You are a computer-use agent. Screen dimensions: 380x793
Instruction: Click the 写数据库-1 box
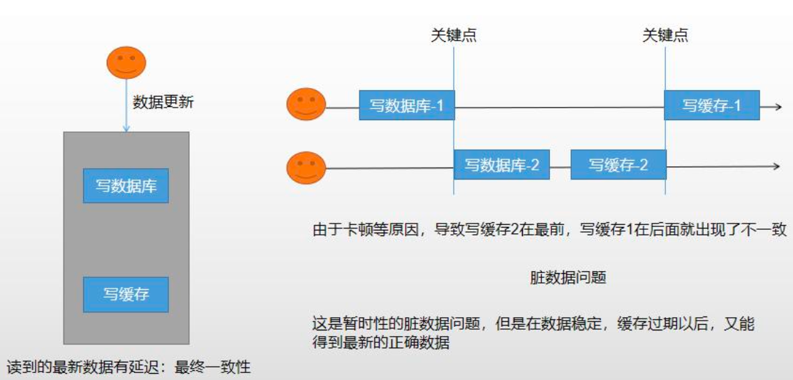tap(406, 105)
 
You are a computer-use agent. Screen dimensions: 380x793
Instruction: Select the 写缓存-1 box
tap(711, 105)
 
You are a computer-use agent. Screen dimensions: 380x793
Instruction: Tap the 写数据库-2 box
tap(502, 166)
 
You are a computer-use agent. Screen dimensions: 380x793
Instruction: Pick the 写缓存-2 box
tap(618, 166)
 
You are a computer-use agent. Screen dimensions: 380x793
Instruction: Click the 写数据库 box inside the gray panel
tap(126, 186)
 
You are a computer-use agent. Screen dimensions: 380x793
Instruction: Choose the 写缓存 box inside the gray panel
tap(126, 294)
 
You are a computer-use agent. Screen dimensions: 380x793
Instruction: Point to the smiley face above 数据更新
tap(126, 63)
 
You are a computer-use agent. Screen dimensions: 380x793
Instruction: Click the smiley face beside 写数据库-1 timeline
tap(306, 105)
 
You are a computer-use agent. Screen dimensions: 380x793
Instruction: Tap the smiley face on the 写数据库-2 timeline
tap(306, 168)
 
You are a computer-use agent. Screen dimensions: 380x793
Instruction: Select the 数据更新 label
tap(163, 102)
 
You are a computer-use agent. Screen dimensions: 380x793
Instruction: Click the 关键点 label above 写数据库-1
tap(454, 36)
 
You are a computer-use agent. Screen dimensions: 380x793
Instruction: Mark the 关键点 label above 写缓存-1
tap(665, 36)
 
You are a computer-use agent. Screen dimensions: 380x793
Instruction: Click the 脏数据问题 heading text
tap(568, 277)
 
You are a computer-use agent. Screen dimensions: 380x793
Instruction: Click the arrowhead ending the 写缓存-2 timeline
tap(775, 166)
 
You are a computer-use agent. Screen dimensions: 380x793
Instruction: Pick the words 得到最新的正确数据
tap(380, 342)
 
